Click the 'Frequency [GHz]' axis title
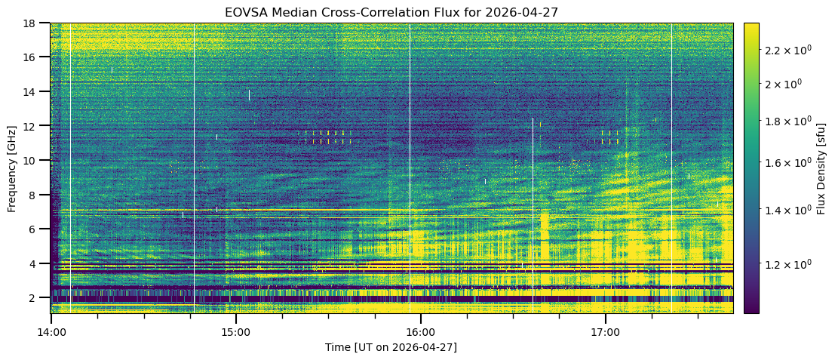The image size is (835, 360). click(12, 168)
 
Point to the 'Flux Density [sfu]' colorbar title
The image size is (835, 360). click(821, 168)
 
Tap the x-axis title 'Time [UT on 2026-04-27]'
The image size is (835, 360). click(391, 348)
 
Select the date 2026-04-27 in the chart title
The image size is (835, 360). click(522, 12)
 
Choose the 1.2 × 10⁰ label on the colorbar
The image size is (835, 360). click(787, 263)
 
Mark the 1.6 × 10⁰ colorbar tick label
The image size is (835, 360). click(787, 162)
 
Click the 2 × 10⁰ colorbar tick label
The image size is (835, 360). click(784, 84)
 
